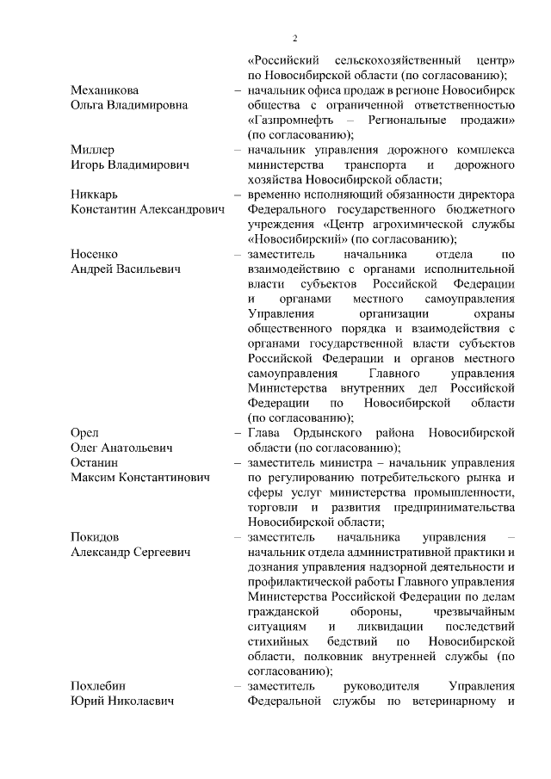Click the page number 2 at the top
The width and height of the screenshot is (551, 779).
point(294,38)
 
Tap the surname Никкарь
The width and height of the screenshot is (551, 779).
point(95,195)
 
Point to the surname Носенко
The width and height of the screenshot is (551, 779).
point(94,255)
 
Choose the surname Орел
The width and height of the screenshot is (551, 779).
point(84,433)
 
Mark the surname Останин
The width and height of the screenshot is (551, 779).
point(94,462)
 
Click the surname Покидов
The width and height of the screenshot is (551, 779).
point(96,537)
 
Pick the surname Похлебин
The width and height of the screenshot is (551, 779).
point(99,686)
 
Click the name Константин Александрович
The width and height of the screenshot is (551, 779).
point(147,210)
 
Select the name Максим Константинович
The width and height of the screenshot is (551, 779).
point(140,478)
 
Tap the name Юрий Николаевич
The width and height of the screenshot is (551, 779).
point(122,701)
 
